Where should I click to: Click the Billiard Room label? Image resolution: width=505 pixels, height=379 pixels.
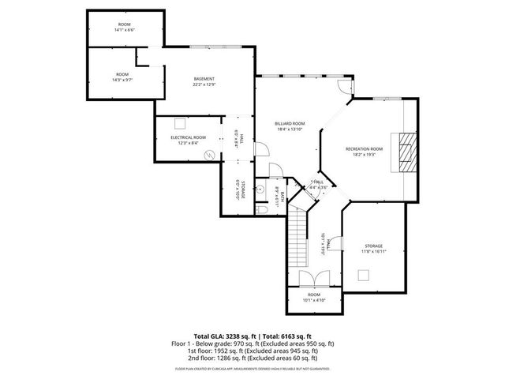click(x=290, y=124)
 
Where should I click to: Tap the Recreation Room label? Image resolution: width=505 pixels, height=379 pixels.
click(x=365, y=148)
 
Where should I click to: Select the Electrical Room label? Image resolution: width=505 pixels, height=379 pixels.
click(x=188, y=137)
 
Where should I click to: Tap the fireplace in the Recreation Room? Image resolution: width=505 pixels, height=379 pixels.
click(x=406, y=150)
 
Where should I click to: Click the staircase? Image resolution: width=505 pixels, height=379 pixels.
click(x=297, y=237)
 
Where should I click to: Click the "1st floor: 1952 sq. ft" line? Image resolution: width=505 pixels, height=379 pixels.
click(x=252, y=351)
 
